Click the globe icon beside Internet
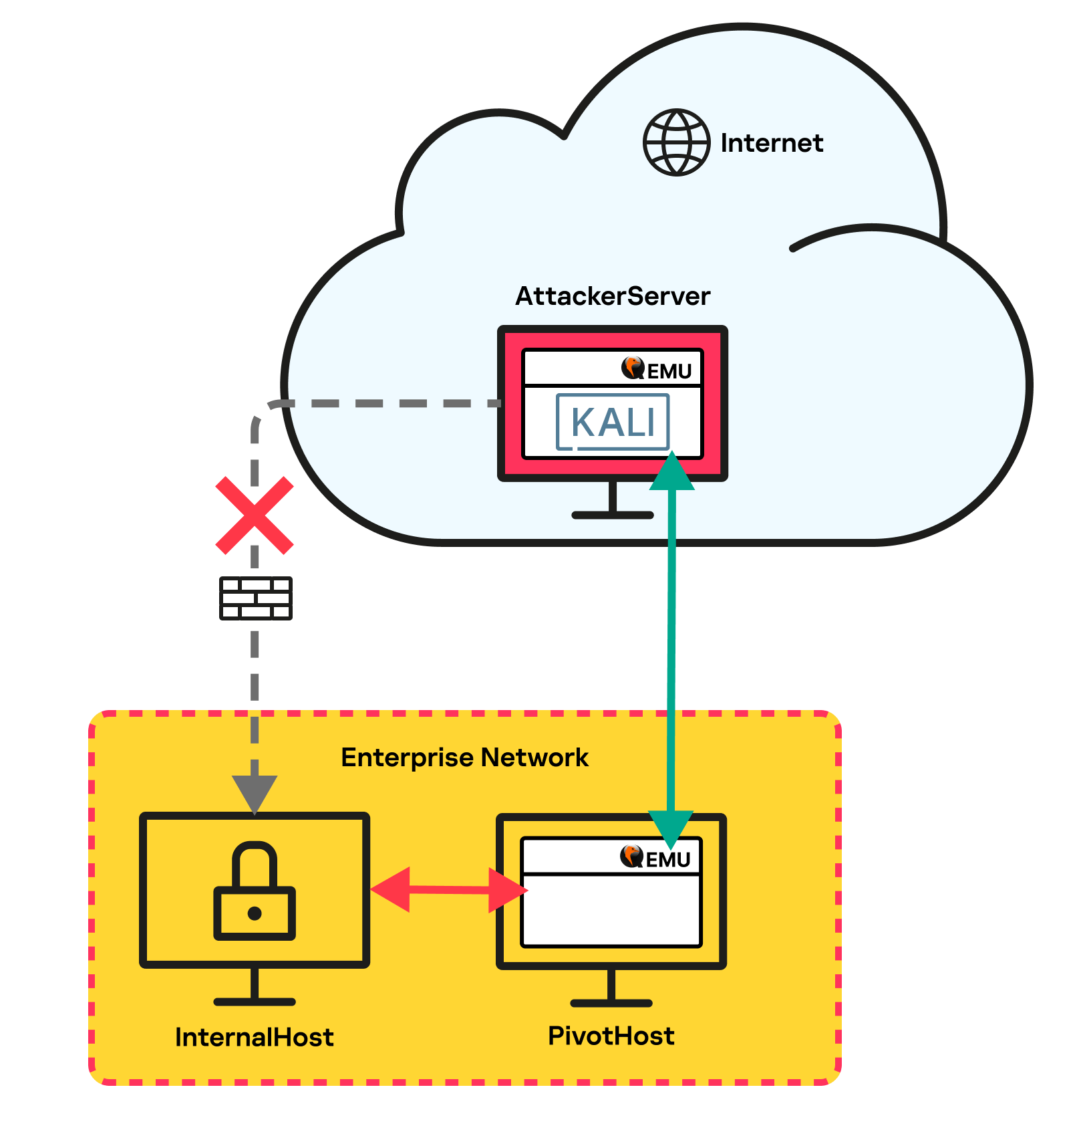pyautogui.click(x=676, y=142)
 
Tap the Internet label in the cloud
pyautogui.click(x=772, y=143)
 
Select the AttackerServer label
pyautogui.click(x=612, y=296)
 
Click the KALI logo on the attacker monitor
pyautogui.click(x=613, y=422)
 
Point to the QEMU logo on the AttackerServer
pyautogui.click(x=657, y=369)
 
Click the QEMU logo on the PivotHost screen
pyautogui.click(x=655, y=857)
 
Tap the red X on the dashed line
pyautogui.click(x=255, y=516)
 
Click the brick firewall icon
pyautogui.click(x=256, y=598)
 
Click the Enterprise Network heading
pyautogui.click(x=464, y=758)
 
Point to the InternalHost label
pyautogui.click(x=254, y=1037)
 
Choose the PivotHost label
pyautogui.click(x=611, y=1036)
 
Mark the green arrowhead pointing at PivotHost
pyautogui.click(x=671, y=829)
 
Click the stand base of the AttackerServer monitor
pyautogui.click(x=612, y=515)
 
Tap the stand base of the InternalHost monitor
pyautogui.click(x=255, y=1002)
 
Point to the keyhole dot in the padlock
pyautogui.click(x=255, y=913)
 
